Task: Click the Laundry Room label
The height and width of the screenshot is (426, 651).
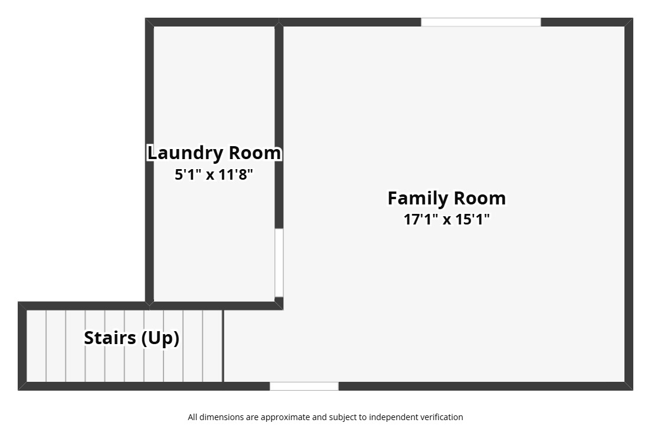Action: pos(214,153)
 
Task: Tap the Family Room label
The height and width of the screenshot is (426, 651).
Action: pos(447,199)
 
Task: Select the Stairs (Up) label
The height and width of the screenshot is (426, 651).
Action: pos(132,338)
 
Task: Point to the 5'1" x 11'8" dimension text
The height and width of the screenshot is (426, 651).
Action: pos(214,174)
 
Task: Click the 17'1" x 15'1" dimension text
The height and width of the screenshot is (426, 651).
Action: pos(447,219)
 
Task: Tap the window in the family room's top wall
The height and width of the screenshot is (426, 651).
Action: pos(481,22)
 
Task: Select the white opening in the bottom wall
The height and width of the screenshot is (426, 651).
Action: pos(305,386)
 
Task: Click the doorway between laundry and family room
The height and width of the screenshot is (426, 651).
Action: pos(279,263)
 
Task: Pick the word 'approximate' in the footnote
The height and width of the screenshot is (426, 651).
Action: pos(278,417)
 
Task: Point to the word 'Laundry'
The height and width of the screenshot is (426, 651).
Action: pos(186,154)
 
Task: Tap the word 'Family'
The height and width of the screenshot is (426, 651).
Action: pos(418,199)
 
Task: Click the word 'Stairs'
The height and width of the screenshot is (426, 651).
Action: pos(110,338)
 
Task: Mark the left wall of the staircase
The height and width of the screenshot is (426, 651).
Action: pos(22,346)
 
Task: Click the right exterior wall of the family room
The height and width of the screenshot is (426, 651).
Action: pos(629,204)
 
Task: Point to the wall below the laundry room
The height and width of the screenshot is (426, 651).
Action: pos(216,306)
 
